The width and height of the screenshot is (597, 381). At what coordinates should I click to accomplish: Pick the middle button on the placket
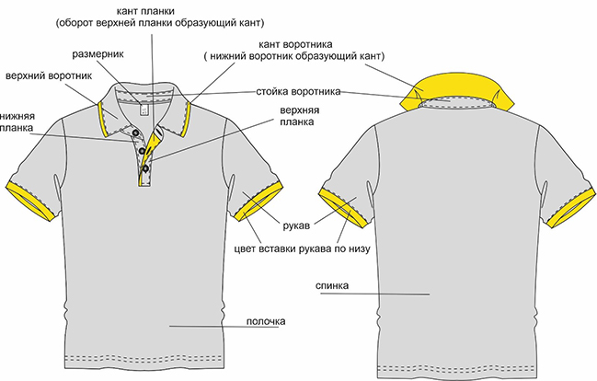[143, 150]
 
